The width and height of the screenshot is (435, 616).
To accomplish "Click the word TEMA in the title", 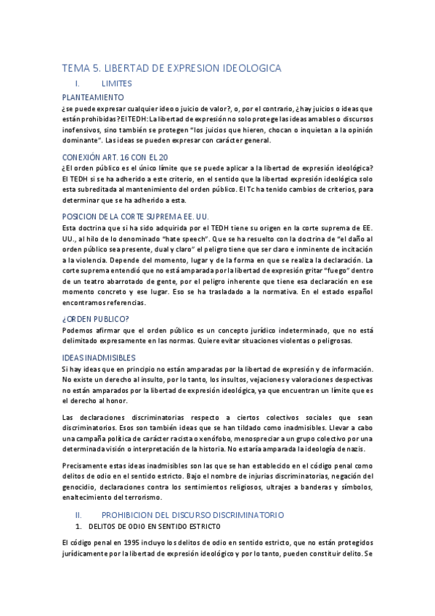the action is tap(76, 68).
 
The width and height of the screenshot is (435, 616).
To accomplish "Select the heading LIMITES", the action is tap(117, 84).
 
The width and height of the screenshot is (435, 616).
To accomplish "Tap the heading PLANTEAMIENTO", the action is tap(93, 97).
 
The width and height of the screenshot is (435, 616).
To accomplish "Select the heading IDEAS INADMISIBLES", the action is tap(99, 357).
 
